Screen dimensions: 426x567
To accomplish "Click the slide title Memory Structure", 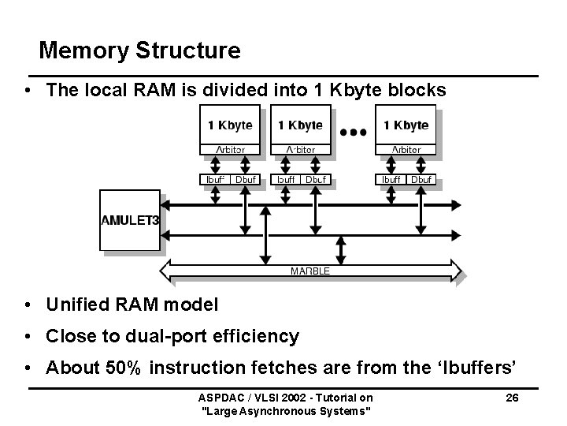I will click(139, 51).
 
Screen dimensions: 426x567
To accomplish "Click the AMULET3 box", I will click(130, 221).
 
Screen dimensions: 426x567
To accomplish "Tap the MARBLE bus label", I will click(309, 271).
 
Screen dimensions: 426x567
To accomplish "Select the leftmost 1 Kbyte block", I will click(230, 125).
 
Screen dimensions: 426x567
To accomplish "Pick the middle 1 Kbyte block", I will click(300, 125).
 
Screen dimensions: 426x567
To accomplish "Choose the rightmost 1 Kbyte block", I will click(406, 125).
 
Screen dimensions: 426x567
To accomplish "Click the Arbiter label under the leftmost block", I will click(230, 149).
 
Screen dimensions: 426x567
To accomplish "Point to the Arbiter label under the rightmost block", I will click(406, 149).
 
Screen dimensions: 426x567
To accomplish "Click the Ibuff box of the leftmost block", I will click(215, 179).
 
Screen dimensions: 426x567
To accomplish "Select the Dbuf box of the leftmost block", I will click(246, 179).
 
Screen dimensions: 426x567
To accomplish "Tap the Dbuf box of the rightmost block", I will click(421, 179).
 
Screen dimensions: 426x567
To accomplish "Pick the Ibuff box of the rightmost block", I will click(391, 179).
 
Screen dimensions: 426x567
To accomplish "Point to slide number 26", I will click(511, 398).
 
